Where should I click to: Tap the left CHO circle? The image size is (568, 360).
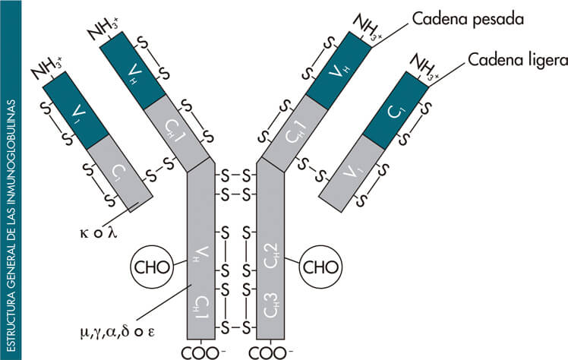151,267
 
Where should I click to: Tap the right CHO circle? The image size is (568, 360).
320,267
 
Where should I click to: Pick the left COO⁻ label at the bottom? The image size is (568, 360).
201,352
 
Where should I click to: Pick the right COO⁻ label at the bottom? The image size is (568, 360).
270,352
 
